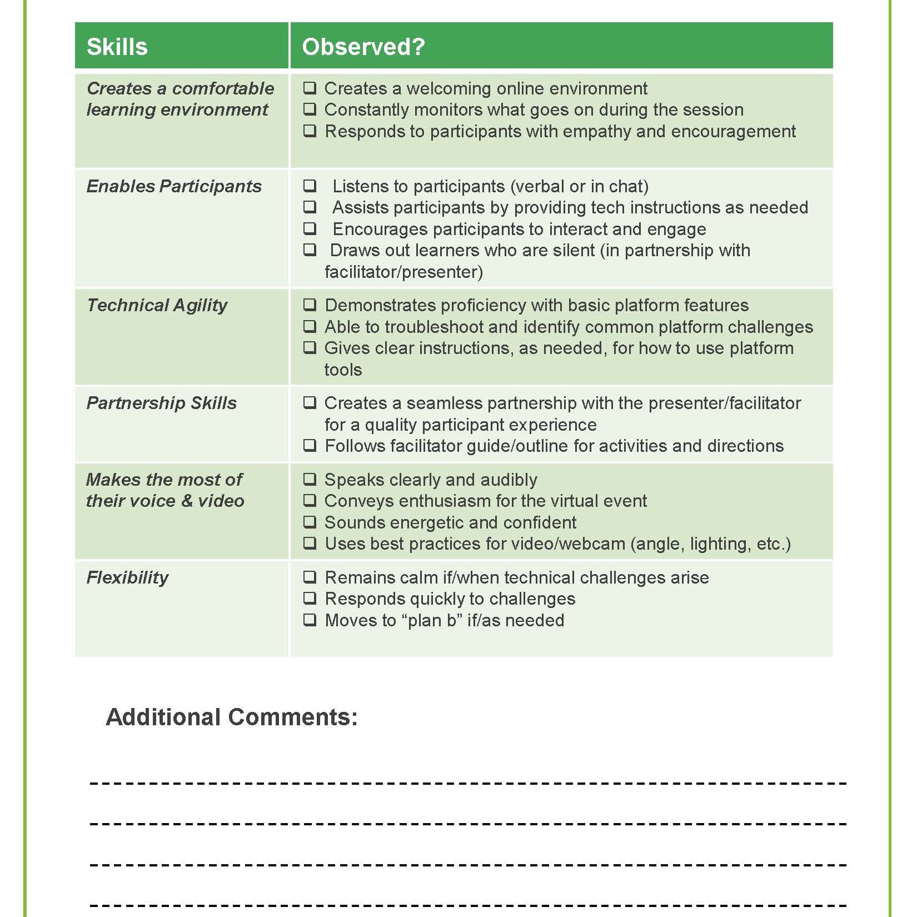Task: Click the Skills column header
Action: (x=117, y=47)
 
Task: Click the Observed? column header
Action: (x=363, y=47)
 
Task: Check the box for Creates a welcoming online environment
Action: (x=310, y=88)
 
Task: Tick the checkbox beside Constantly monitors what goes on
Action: (x=310, y=109)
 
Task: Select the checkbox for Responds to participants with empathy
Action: (x=310, y=131)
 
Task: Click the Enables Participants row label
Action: (x=174, y=186)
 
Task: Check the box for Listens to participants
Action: (x=310, y=186)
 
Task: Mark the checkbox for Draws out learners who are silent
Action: (x=310, y=250)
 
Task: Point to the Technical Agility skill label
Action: (x=157, y=305)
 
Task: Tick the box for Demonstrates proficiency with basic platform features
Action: (x=310, y=305)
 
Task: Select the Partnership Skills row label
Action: (x=161, y=403)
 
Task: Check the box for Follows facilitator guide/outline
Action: (x=310, y=446)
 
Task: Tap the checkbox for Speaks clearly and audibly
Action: (x=310, y=480)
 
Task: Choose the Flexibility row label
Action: (x=127, y=577)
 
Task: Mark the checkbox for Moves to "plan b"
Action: (x=310, y=620)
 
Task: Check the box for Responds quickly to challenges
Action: (x=310, y=599)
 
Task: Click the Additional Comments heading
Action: (x=231, y=717)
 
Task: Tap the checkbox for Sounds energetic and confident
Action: (x=310, y=522)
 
